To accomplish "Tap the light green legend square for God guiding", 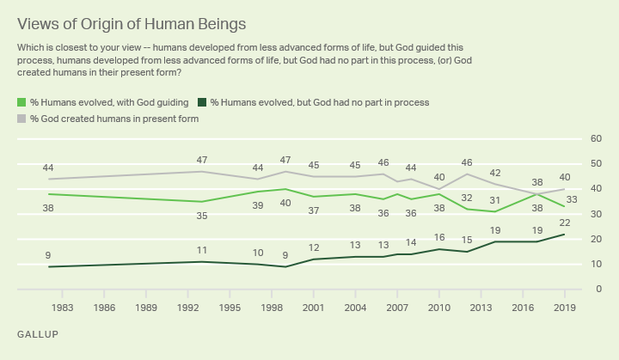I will click(21, 102).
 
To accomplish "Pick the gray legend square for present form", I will click(21, 119).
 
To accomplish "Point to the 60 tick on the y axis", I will click(595, 139).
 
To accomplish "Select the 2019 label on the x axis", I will click(564, 307).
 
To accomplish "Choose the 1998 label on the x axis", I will click(273, 307).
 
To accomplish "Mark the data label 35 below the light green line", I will click(201, 217).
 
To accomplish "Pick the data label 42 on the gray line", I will click(495, 173).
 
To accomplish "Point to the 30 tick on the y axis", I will click(595, 214).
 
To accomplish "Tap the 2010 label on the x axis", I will click(438, 307).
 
